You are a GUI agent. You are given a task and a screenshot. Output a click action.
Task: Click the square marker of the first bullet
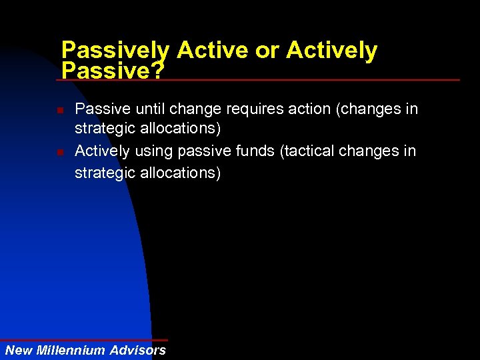pos(60,109)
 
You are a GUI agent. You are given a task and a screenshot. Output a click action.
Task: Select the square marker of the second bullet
pos(60,152)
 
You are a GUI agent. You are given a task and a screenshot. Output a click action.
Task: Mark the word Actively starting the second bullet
pos(103,151)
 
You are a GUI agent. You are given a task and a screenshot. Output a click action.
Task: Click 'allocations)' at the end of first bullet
pos(179,130)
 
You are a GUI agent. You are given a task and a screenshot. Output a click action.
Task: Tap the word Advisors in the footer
pos(138,350)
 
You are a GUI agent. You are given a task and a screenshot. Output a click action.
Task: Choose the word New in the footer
pos(19,350)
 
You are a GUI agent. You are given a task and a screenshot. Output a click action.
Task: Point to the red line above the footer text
pos(83,340)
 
